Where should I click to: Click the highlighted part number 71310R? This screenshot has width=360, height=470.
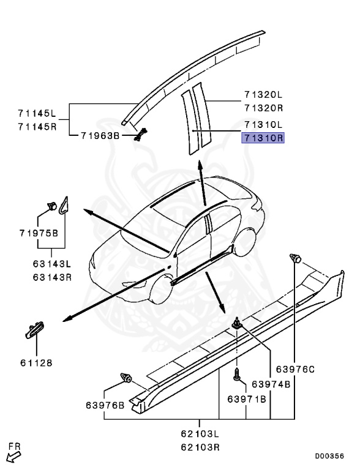pos(263,138)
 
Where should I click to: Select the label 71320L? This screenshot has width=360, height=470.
pos(263,95)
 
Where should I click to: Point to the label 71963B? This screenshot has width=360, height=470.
pos(100,135)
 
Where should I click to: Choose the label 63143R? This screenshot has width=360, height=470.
pos(53,276)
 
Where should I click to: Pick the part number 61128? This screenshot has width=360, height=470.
pos(35,362)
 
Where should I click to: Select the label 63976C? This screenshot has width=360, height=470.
pos(294,368)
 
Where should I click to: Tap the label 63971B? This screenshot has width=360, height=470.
pos(247,399)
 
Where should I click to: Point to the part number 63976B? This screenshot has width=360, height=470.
pos(105,405)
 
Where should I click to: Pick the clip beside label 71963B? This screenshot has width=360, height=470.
pos(141,135)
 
